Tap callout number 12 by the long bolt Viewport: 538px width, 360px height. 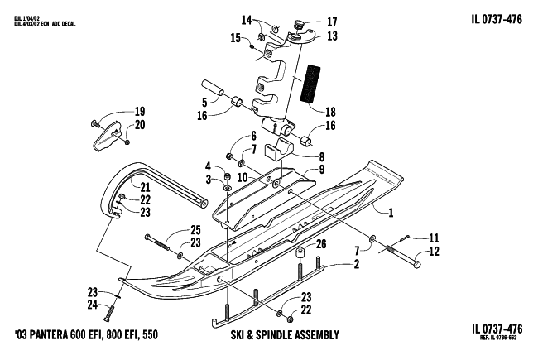[x=433, y=252]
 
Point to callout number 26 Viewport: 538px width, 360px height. [x=322, y=244]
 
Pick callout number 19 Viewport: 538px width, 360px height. [x=139, y=112]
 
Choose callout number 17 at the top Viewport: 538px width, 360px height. [x=332, y=22]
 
